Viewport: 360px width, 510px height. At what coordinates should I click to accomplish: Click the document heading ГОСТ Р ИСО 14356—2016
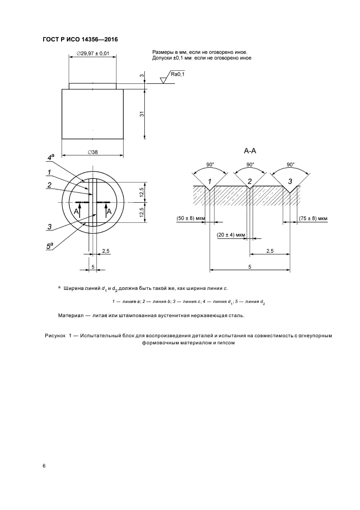[x=80, y=40]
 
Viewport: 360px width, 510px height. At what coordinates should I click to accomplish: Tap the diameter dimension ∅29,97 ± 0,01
[x=93, y=53]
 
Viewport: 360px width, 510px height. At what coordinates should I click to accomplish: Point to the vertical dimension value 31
[x=141, y=114]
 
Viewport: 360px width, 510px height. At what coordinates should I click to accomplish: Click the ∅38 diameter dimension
[x=92, y=152]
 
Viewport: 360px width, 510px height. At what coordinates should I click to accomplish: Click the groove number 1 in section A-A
[x=210, y=181]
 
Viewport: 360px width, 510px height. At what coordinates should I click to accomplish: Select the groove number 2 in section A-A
[x=249, y=181]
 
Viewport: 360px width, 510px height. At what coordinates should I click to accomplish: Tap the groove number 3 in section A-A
[x=290, y=181]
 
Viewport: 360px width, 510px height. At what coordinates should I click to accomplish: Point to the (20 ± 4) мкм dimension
[x=230, y=235]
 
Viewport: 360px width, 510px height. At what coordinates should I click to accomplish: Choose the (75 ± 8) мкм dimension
[x=314, y=218]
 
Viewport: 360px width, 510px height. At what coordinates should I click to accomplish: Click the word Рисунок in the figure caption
[x=56, y=336]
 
